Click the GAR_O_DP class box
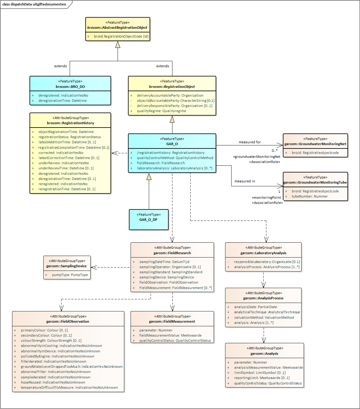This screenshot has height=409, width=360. point(148,220)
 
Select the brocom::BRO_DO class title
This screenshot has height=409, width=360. point(70,87)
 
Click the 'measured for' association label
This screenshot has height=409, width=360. point(250,142)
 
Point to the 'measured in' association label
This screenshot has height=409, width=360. point(245,181)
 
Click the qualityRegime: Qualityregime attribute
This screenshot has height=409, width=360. point(162,111)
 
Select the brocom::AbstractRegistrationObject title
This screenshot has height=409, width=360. point(117,28)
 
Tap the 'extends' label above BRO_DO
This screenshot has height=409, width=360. point(61,66)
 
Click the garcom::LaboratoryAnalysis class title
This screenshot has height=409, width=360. point(263,253)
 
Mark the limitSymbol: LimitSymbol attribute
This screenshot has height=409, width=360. point(260,373)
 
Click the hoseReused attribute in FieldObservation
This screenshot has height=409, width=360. point(53,382)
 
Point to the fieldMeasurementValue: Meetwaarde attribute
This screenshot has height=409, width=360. point(170,335)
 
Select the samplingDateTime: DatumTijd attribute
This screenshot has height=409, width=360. point(164,262)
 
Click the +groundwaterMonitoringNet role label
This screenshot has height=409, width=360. point(257,157)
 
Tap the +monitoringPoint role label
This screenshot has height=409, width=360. point(266,198)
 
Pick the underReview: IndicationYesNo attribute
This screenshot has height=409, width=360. point(64,163)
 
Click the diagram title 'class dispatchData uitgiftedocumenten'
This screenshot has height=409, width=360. point(34,4)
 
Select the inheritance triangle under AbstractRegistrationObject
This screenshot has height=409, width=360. point(118,45)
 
